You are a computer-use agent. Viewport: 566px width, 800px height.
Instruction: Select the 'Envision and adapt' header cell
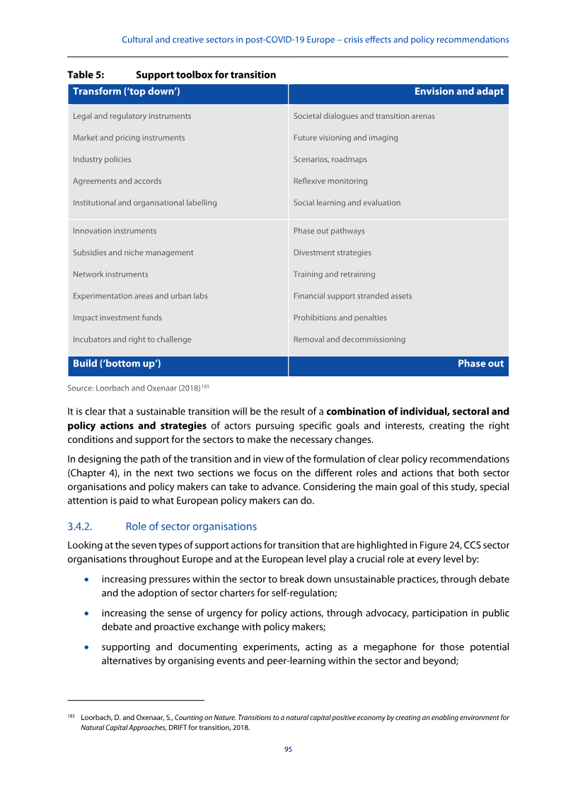pyautogui.click(x=458, y=92)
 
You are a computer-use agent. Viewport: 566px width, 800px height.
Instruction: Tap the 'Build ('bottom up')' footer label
pyautogui.click(x=117, y=364)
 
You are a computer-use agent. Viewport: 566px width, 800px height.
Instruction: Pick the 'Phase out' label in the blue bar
pyautogui.click(x=480, y=364)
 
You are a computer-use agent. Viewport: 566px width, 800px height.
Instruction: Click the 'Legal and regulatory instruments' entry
pyautogui.click(x=132, y=116)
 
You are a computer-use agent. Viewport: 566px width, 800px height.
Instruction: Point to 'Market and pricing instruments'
pyautogui.click(x=129, y=138)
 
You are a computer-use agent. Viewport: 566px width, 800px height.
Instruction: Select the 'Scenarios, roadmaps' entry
pyautogui.click(x=330, y=160)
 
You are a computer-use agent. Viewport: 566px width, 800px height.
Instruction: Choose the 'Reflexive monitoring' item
pyautogui.click(x=330, y=181)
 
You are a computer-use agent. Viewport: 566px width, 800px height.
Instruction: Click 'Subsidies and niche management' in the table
pyautogui.click(x=133, y=253)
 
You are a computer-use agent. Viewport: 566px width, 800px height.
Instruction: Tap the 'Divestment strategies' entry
pyautogui.click(x=332, y=253)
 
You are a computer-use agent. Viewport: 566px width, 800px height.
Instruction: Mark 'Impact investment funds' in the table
pyautogui.click(x=117, y=318)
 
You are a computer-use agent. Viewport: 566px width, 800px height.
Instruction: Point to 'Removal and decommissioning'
pyautogui.click(x=349, y=340)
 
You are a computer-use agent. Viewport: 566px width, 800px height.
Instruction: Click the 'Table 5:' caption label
pyautogui.click(x=83, y=75)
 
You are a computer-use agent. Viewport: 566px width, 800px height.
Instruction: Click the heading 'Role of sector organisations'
pyautogui.click(x=190, y=526)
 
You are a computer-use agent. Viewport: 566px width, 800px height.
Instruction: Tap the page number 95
pyautogui.click(x=288, y=750)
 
